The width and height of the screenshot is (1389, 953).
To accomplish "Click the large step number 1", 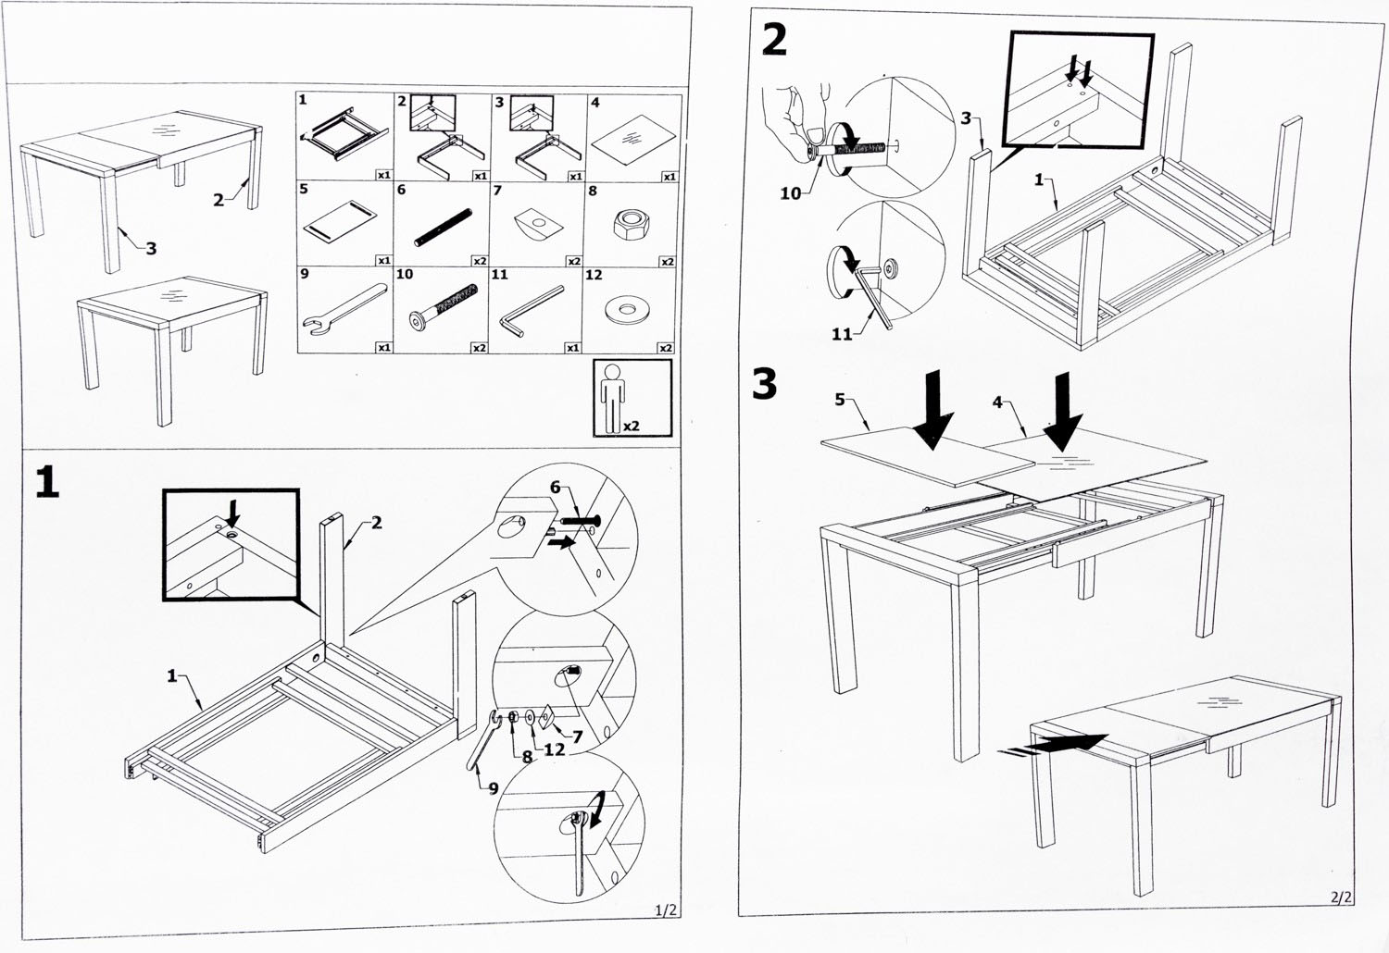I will click(x=47, y=482).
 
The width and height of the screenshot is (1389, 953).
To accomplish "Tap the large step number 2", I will click(x=774, y=40).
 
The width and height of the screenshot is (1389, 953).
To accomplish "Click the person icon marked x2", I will click(x=610, y=397).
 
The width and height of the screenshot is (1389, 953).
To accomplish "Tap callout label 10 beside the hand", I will click(x=790, y=193).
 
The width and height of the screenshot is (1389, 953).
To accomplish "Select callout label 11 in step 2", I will click(x=841, y=334).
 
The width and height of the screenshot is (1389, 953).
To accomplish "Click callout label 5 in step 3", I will click(x=840, y=399).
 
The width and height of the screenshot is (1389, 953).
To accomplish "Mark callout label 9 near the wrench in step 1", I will click(x=494, y=787).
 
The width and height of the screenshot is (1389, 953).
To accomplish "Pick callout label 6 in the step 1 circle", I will click(x=556, y=488).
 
